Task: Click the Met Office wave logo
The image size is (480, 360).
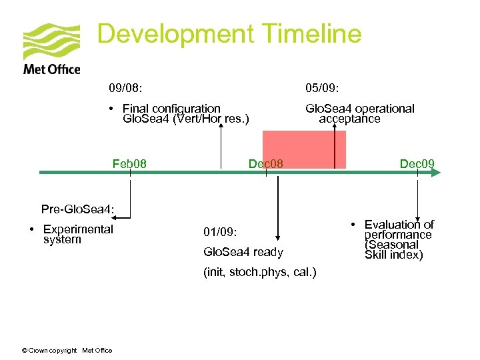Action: coord(51,42)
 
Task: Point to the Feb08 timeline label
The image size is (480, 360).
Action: coord(129,163)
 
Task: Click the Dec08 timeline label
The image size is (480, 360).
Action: coord(265,163)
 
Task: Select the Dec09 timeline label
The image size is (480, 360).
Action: coord(417,163)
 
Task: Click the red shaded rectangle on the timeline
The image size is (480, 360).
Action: coord(303,148)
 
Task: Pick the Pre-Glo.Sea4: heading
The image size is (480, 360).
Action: coord(78,210)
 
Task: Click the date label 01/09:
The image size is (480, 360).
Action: coord(220,232)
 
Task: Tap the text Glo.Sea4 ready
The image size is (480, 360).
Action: coord(243,252)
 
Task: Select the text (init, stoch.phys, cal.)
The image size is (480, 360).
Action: coord(260,272)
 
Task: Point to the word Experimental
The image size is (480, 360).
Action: coord(78,229)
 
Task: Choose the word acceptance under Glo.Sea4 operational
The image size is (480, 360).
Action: coord(349,119)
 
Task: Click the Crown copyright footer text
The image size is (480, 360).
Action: coord(66,351)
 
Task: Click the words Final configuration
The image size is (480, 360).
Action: coord(171,108)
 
